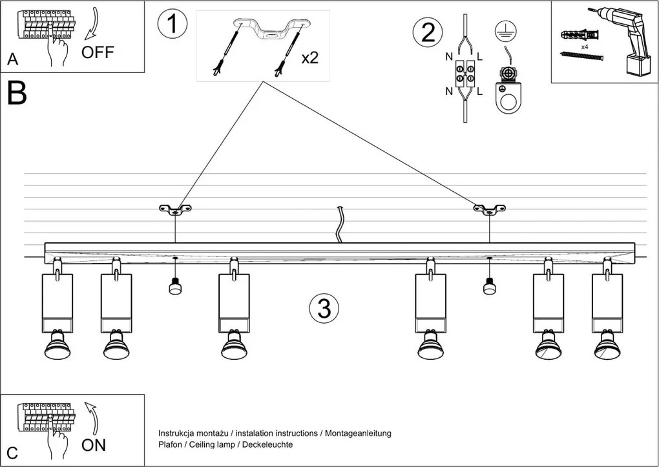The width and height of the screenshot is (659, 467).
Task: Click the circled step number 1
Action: pos(172,24)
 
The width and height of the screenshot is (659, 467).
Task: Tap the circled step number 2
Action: pos(428,32)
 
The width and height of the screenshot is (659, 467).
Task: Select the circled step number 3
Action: pos(324,309)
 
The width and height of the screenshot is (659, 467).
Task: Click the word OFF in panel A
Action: pos(98,53)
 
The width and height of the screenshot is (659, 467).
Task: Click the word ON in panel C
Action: pos(94,445)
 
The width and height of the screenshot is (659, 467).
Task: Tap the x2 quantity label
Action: pos(310,57)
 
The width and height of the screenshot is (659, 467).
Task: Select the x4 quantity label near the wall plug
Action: pos(584,47)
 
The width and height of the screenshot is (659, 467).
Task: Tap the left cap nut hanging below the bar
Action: pos(174,286)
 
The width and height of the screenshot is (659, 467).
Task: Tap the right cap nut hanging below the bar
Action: pos(489,286)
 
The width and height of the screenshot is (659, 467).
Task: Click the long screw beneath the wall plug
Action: pos(582,56)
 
